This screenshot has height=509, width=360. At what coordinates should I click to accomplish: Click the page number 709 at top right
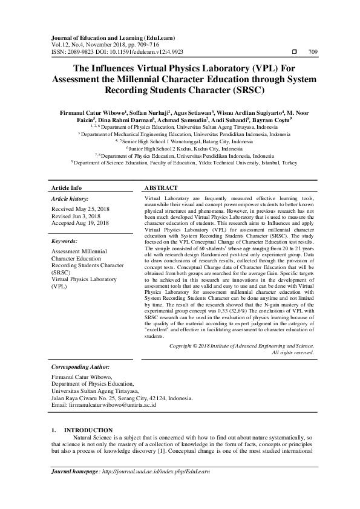pos(313,52)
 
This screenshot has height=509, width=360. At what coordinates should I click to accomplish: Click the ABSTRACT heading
pos(162,188)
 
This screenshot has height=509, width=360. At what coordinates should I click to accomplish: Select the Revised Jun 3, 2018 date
pos(76,216)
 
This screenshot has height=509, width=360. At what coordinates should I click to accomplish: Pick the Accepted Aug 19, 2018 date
pos(80,223)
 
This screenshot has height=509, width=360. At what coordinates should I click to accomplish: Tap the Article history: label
pos(70,198)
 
